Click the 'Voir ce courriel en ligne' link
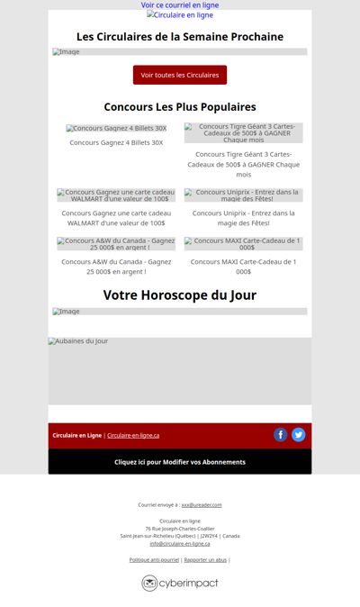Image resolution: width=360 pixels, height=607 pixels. pyautogui.click(x=180, y=5)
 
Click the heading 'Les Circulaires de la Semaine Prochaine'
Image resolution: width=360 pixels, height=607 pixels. pyautogui.click(x=180, y=37)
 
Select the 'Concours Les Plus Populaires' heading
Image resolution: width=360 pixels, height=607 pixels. pyautogui.click(x=180, y=107)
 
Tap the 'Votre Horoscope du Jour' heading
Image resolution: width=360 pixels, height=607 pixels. pyautogui.click(x=180, y=295)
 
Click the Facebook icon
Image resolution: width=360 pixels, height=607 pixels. pyautogui.click(x=281, y=435)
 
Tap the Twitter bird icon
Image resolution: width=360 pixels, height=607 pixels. pyautogui.click(x=299, y=435)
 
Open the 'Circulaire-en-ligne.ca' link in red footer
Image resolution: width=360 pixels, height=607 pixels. pyautogui.click(x=133, y=436)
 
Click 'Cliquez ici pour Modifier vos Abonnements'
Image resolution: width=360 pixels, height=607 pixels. pyautogui.click(x=180, y=462)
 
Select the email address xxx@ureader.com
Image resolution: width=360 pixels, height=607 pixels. pyautogui.click(x=202, y=505)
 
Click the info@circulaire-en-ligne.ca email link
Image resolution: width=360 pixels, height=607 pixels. pyautogui.click(x=180, y=543)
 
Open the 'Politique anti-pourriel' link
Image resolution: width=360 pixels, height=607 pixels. pyautogui.click(x=154, y=560)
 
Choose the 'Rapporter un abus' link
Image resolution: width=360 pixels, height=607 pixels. pyautogui.click(x=205, y=560)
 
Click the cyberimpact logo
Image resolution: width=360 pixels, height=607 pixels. pyautogui.click(x=180, y=583)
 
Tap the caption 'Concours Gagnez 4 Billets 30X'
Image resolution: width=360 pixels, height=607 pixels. pyautogui.click(x=116, y=142)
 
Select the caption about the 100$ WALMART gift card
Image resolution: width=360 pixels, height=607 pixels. pyautogui.click(x=116, y=218)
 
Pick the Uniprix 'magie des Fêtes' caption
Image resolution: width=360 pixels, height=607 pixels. pyautogui.click(x=243, y=218)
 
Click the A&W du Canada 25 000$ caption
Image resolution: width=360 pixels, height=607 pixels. pyautogui.click(x=116, y=267)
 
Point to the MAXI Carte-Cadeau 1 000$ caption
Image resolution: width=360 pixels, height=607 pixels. pyautogui.click(x=243, y=267)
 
